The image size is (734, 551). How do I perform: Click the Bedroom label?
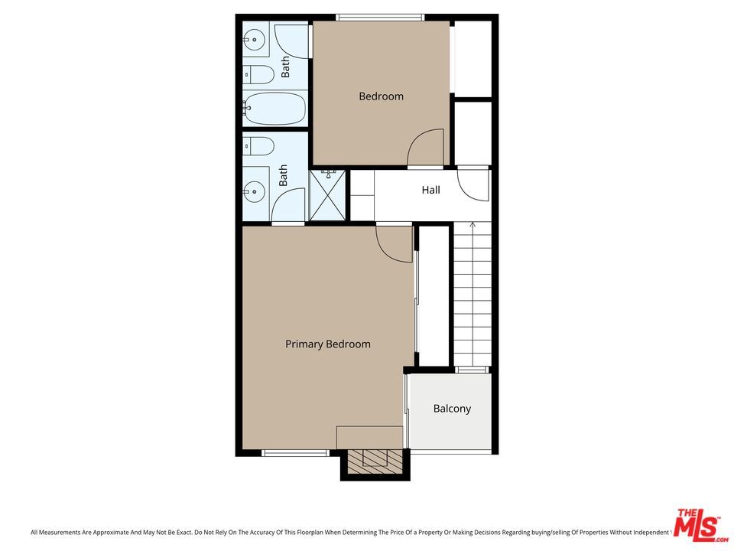coord(381,96)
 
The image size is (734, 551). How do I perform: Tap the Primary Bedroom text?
coord(327,344)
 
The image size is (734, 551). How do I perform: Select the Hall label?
coord(430,190)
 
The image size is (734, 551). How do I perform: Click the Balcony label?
coord(452,409)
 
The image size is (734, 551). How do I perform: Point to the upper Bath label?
coord(286,67)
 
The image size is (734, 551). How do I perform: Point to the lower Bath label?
coord(284,176)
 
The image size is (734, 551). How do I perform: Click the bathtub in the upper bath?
coord(274,109)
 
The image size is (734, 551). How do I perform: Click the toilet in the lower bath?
coord(259,145)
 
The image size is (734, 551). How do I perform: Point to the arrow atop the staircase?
coord(473,226)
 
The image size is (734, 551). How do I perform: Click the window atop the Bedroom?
coord(380,17)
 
